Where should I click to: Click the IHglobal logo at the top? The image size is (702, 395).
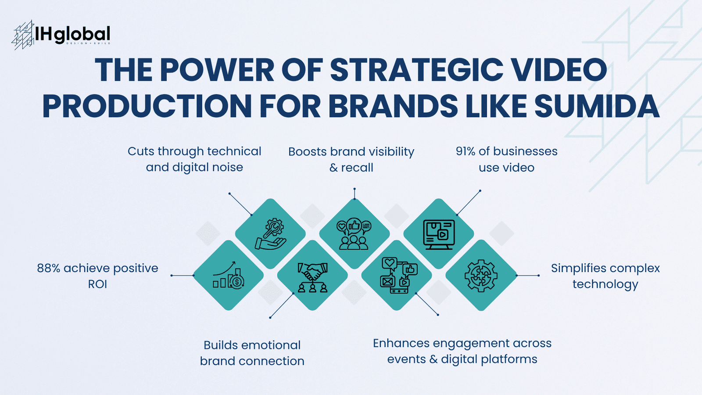(x=61, y=35)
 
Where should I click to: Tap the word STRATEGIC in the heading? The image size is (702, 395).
(x=416, y=70)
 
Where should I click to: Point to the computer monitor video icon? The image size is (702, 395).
(x=439, y=234)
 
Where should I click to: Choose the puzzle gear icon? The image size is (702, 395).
(x=481, y=276)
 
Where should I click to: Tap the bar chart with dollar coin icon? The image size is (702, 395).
(x=228, y=276)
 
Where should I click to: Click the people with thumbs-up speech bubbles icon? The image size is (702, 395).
(x=354, y=234)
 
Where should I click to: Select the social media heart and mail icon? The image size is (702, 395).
(x=397, y=276)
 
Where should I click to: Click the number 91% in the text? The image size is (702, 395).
(x=465, y=151)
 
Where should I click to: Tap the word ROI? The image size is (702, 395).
(x=97, y=284)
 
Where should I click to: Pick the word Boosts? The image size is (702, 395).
(x=308, y=152)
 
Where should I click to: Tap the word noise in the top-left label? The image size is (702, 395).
(x=226, y=168)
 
